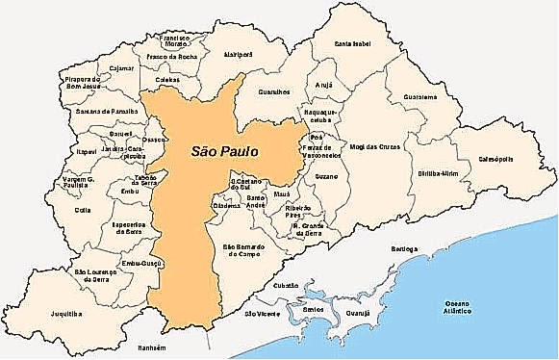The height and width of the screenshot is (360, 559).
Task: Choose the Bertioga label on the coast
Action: pyautogui.click(x=404, y=248)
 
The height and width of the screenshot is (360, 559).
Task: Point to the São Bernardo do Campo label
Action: pyautogui.click(x=246, y=252)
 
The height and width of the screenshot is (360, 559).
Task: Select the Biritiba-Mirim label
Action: pyautogui.click(x=438, y=174)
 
